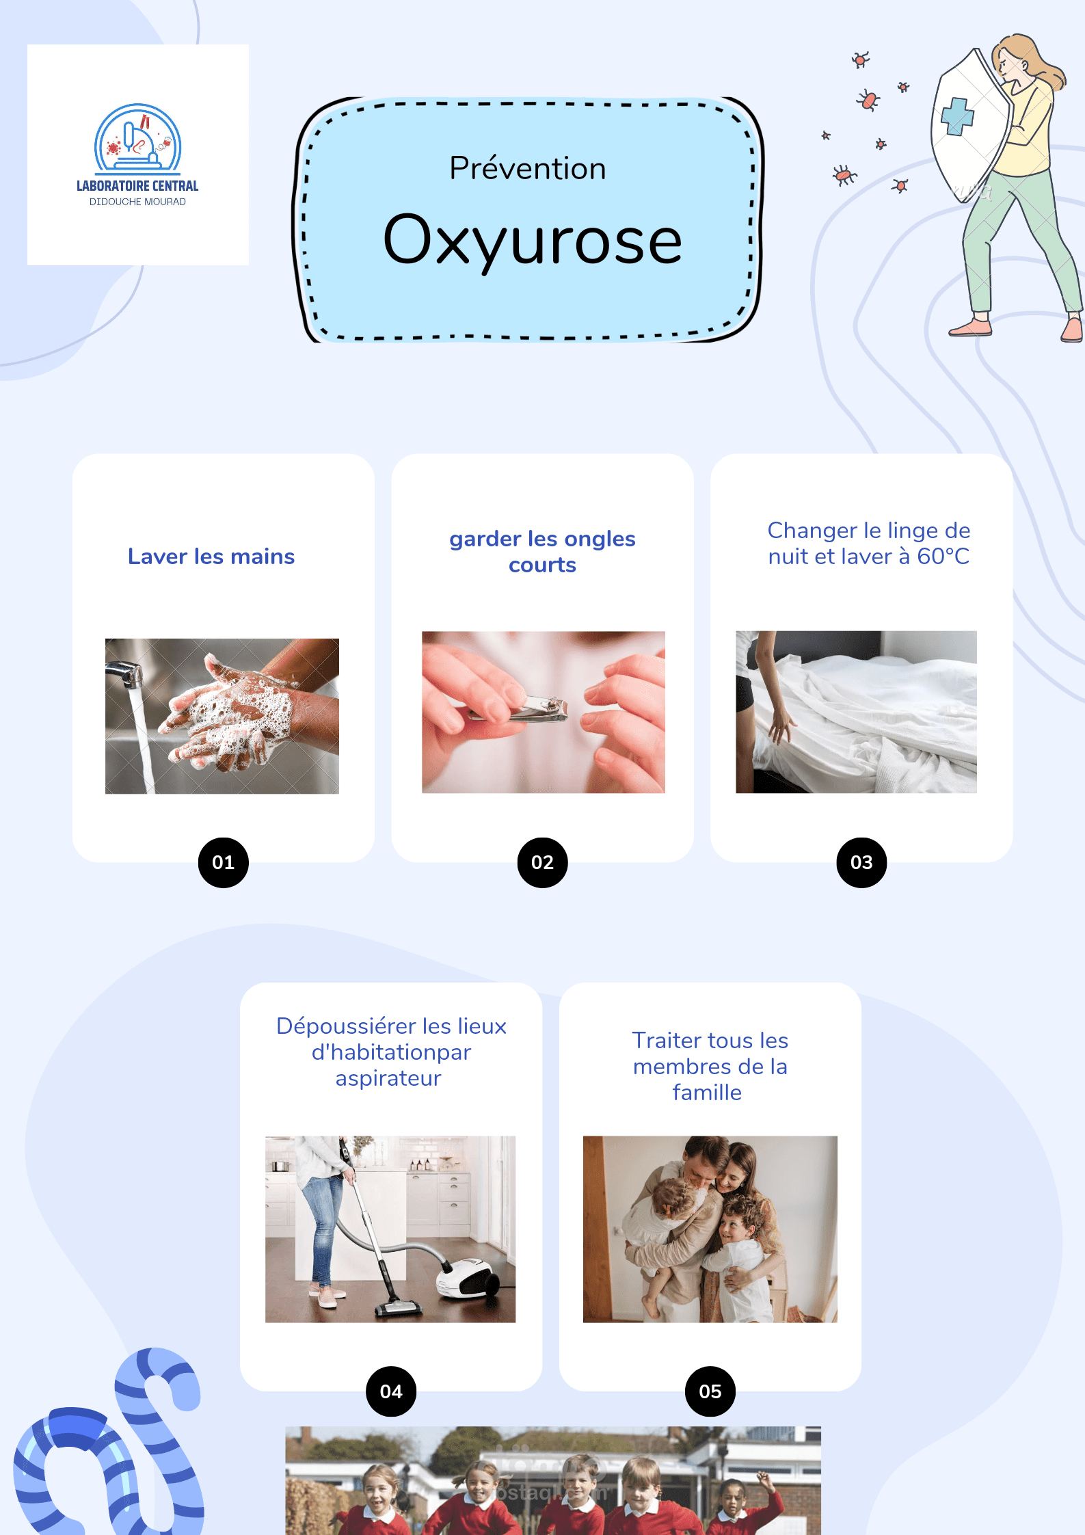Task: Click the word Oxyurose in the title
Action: click(x=533, y=241)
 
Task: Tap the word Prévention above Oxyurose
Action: click(x=528, y=168)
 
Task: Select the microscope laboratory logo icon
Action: click(x=137, y=138)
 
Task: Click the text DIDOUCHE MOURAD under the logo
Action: click(x=137, y=202)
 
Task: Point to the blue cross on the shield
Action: click(x=957, y=116)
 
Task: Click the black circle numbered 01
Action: click(x=224, y=862)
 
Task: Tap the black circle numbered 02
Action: click(x=543, y=862)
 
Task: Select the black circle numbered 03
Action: click(x=861, y=862)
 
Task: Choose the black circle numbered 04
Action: click(x=391, y=1391)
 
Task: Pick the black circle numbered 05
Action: click(x=710, y=1391)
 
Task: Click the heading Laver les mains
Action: click(x=211, y=557)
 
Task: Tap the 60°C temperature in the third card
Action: click(x=943, y=557)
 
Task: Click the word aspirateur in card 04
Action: click(x=388, y=1078)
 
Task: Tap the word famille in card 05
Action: click(x=707, y=1093)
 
